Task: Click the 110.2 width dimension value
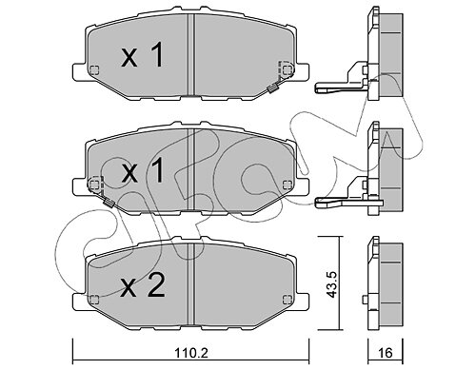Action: tap(190, 352)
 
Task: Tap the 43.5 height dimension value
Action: tap(332, 284)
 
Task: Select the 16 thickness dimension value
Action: tap(386, 353)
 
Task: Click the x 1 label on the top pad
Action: tap(143, 56)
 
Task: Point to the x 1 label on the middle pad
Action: tap(144, 172)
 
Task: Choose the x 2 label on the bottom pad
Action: tap(143, 286)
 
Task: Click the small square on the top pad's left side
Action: tap(94, 70)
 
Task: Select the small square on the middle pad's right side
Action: tap(288, 185)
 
